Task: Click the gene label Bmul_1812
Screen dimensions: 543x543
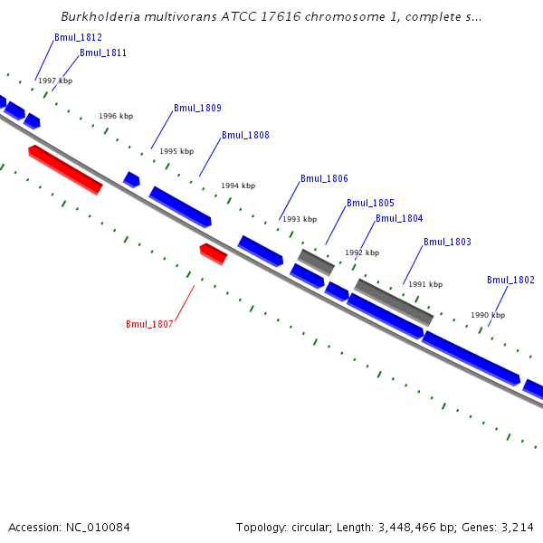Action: (x=78, y=37)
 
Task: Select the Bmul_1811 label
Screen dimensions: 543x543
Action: (x=103, y=52)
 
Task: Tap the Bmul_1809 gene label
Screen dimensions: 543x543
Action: (x=197, y=108)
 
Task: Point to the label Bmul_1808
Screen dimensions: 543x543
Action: (x=245, y=135)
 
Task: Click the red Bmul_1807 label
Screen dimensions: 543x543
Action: (x=149, y=324)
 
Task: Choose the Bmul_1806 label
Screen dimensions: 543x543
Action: (x=324, y=178)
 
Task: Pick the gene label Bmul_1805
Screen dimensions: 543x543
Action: (x=370, y=203)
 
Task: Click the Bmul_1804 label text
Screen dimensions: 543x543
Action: (x=399, y=218)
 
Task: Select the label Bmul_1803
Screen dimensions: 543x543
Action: (x=447, y=242)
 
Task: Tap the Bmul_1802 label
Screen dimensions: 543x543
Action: (x=510, y=280)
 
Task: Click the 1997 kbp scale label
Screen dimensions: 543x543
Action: (x=55, y=81)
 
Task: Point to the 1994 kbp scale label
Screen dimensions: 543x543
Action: (x=238, y=186)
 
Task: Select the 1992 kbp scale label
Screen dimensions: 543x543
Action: (x=362, y=252)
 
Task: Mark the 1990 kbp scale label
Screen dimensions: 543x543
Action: (x=487, y=315)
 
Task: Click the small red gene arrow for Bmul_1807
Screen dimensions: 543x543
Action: (x=213, y=252)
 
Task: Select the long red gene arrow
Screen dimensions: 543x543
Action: (x=65, y=169)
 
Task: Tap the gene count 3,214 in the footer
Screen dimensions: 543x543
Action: (x=517, y=527)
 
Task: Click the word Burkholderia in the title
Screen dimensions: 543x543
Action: (x=99, y=16)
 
